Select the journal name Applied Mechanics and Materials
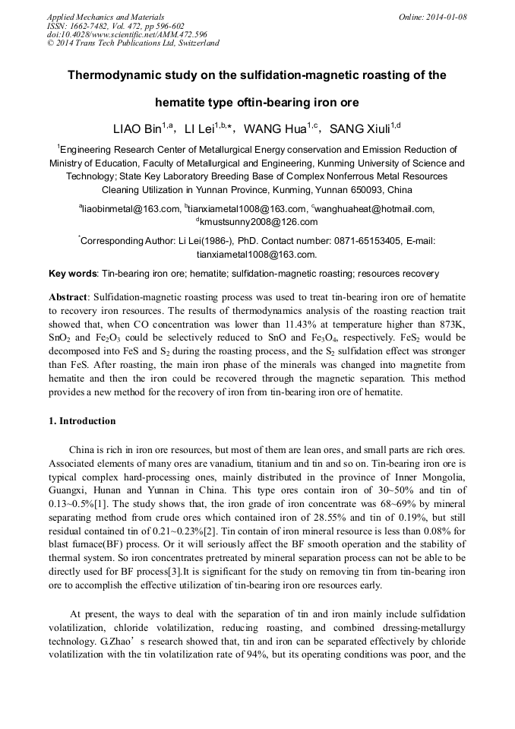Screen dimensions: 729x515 [106, 17]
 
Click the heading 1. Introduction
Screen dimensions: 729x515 [82, 421]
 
